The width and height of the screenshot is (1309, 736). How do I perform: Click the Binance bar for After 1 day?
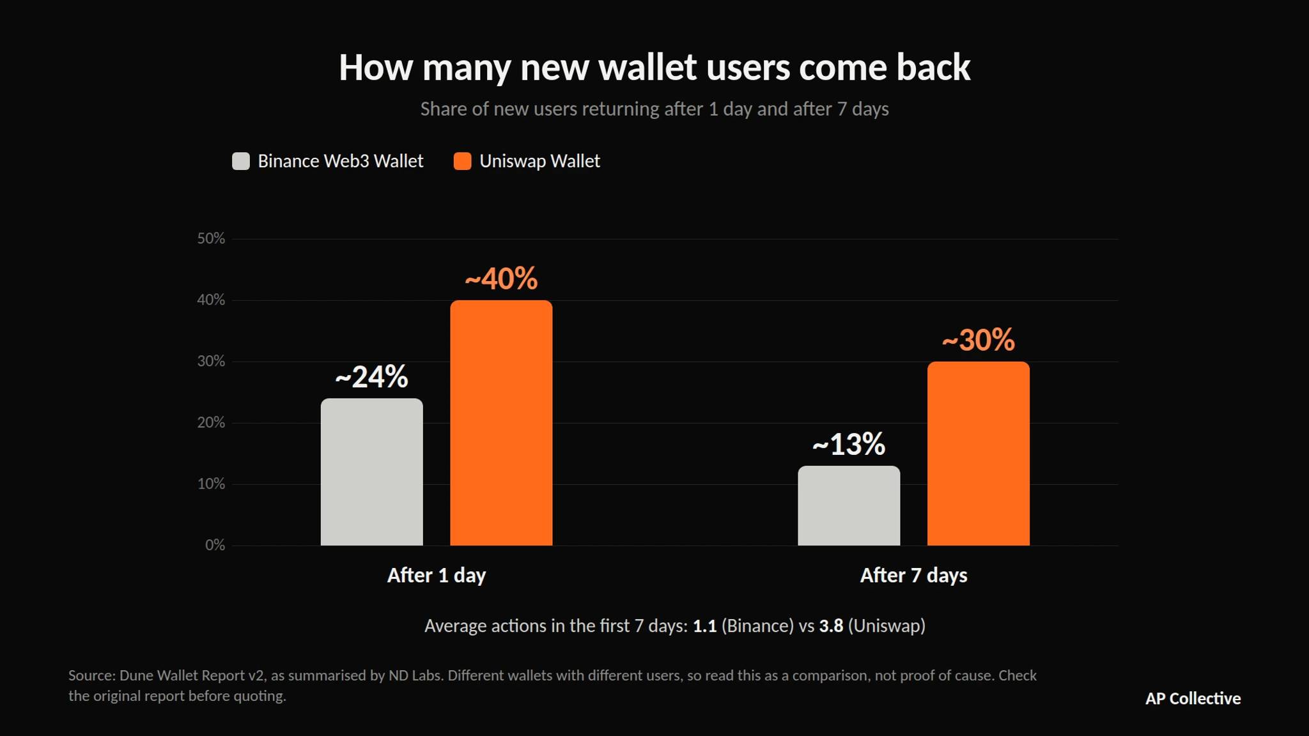[x=371, y=471]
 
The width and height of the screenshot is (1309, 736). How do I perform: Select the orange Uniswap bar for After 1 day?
[x=501, y=422]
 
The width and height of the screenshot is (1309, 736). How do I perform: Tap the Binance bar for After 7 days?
[x=849, y=505]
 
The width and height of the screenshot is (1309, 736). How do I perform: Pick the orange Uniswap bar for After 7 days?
[x=979, y=454]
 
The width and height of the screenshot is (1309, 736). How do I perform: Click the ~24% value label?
[x=371, y=377]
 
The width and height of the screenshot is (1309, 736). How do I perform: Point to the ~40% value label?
[x=501, y=279]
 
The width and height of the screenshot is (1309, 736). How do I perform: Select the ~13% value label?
[x=849, y=444]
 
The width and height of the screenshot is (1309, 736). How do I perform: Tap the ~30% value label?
[x=979, y=340]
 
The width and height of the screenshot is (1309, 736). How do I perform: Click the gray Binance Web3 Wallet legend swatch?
[x=241, y=161]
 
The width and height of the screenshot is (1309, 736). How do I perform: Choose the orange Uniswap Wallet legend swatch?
[x=462, y=161]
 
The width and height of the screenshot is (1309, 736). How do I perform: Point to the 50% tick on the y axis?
[x=211, y=238]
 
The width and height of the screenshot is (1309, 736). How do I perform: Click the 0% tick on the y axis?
[x=215, y=545]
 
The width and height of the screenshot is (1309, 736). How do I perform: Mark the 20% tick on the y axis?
[x=211, y=422]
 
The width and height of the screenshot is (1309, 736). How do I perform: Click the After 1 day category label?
[x=437, y=576]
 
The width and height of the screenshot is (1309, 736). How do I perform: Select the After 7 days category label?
[x=913, y=576]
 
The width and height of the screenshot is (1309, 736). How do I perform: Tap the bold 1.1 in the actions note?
[x=704, y=626]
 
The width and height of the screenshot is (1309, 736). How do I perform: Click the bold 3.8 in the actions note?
[x=831, y=626]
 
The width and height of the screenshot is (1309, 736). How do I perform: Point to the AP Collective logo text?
[x=1193, y=698]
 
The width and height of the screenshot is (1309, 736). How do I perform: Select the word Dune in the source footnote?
[x=136, y=675]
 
